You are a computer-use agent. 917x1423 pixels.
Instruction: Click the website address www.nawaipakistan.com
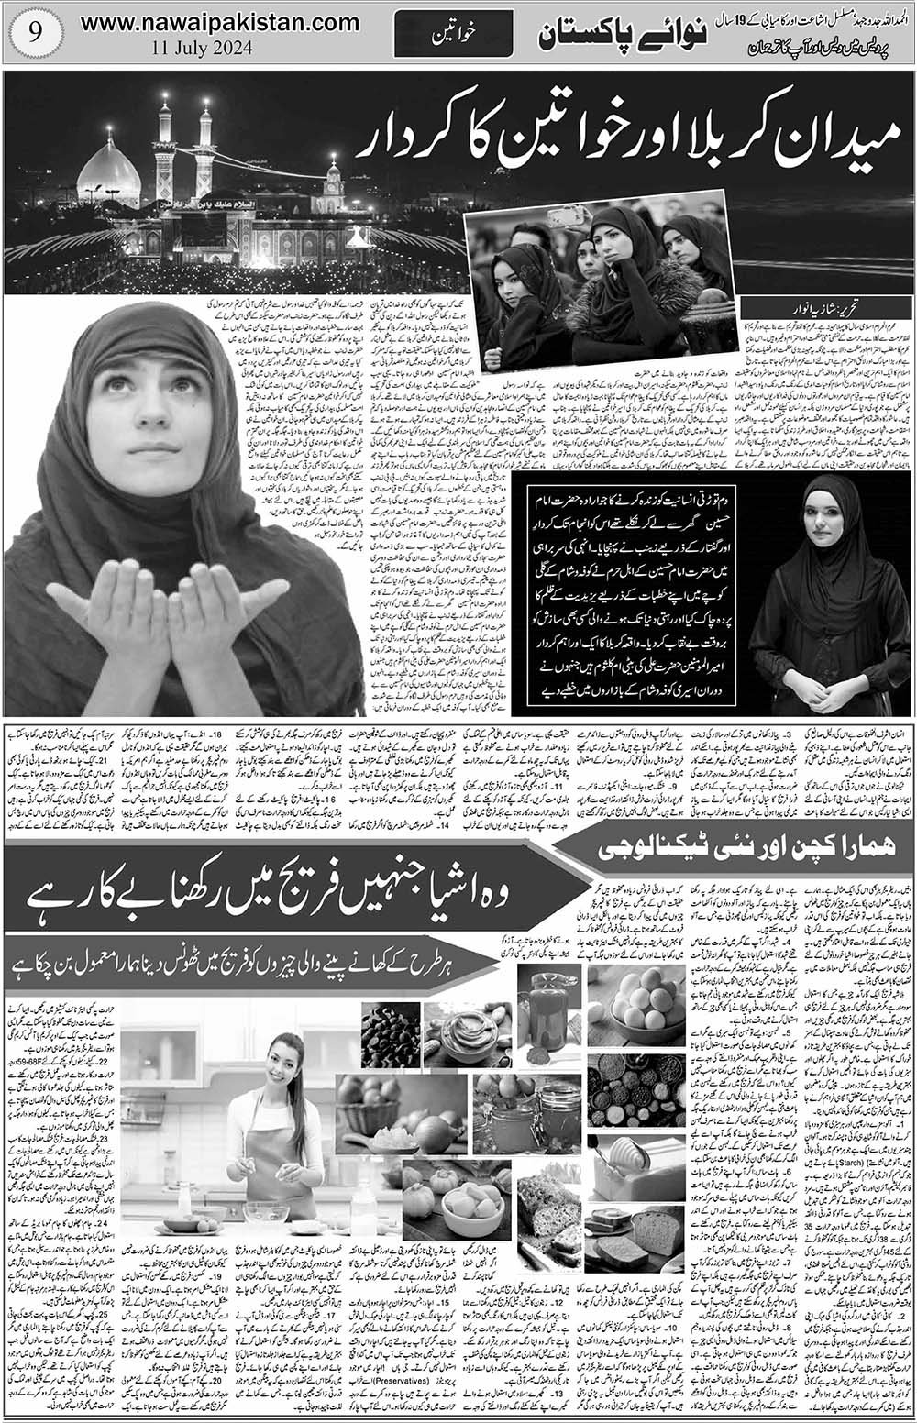(206, 25)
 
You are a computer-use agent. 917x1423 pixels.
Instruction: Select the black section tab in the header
(438, 38)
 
